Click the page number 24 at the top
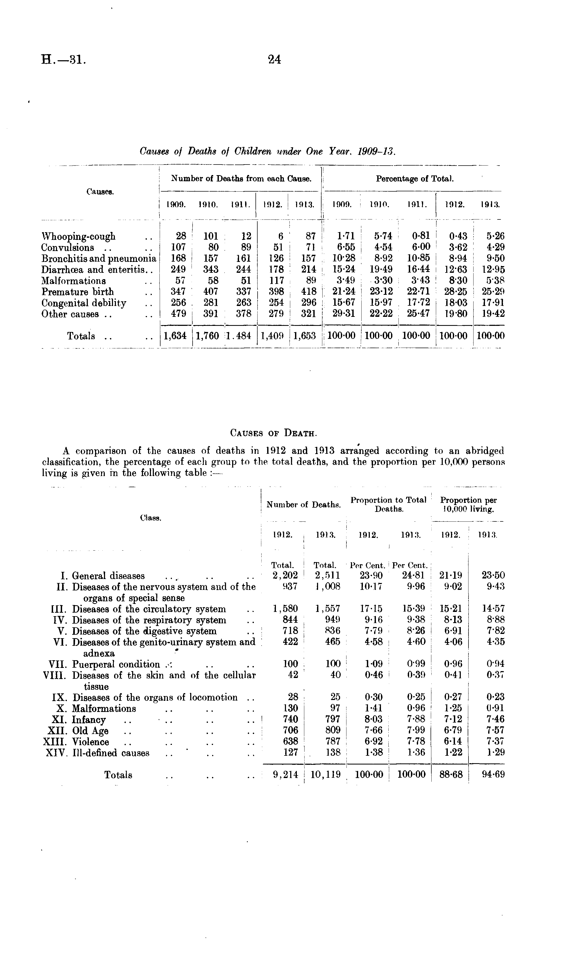tap(274, 59)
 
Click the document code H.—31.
tap(64, 60)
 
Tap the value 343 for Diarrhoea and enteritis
tap(210, 269)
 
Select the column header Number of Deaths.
tap(303, 505)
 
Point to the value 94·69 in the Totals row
tap(493, 775)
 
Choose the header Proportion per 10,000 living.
tap(468, 505)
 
